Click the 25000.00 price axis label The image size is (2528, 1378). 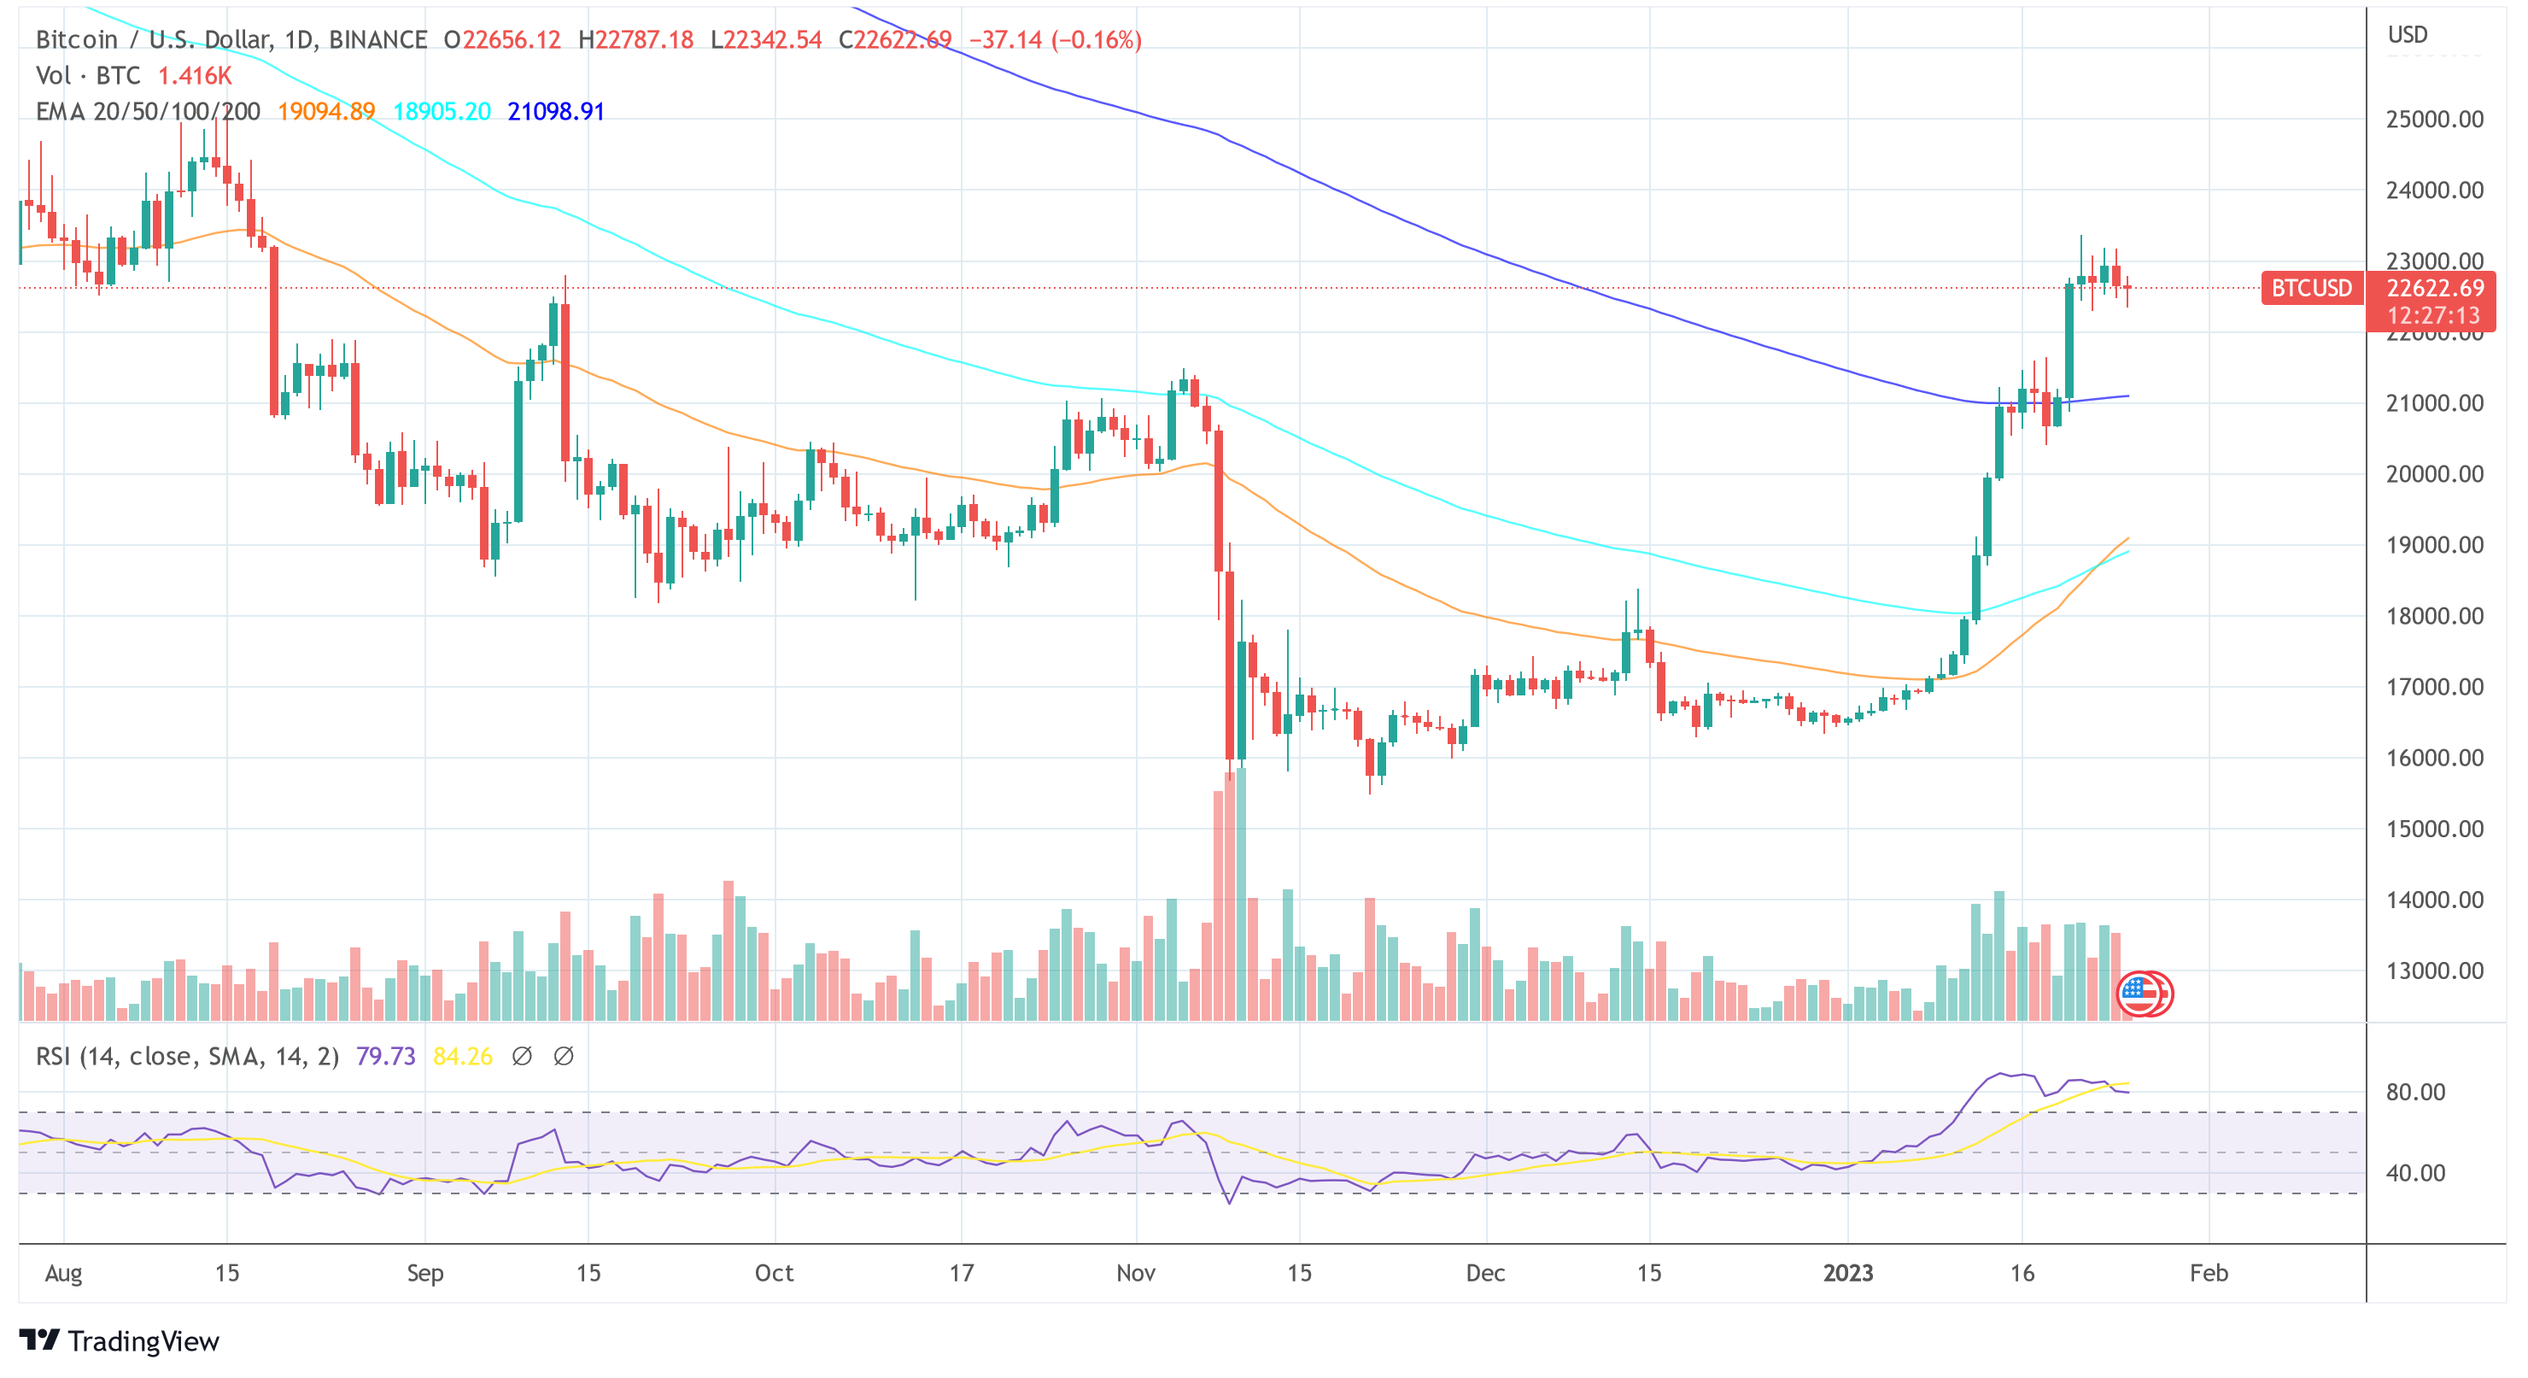pos(2434,119)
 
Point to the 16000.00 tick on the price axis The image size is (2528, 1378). pos(2434,758)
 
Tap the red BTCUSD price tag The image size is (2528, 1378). pos(2310,288)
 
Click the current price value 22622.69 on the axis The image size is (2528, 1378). pos(2434,288)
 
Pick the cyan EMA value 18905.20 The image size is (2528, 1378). pos(442,111)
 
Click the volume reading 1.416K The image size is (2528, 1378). pos(195,75)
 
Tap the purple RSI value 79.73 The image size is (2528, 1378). pos(384,1056)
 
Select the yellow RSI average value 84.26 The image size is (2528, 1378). pos(462,1056)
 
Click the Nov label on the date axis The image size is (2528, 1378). pos(1135,1273)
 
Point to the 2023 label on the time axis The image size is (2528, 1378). pos(1847,1273)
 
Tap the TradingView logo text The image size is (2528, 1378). pos(120,1340)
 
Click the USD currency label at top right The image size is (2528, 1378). pos(2408,34)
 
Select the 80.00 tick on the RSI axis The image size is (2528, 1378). pos(2415,1092)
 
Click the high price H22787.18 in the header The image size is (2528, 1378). pos(636,39)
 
